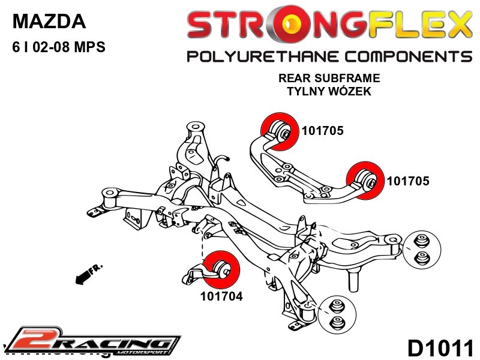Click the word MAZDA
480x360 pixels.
(49, 22)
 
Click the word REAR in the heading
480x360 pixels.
(293, 79)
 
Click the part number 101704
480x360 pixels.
(221, 296)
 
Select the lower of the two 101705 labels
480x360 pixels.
(409, 180)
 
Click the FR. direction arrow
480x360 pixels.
(86, 274)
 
